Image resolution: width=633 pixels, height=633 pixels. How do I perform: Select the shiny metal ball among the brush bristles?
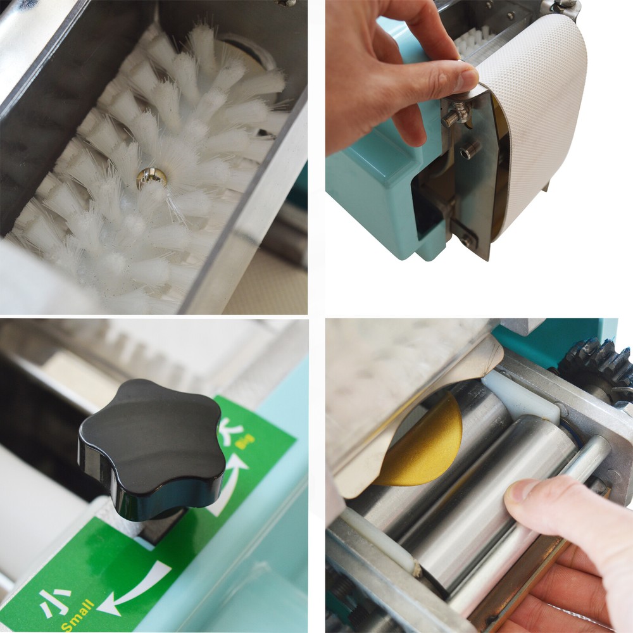[x=151, y=177]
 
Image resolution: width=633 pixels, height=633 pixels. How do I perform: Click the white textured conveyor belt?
[x=538, y=120]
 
